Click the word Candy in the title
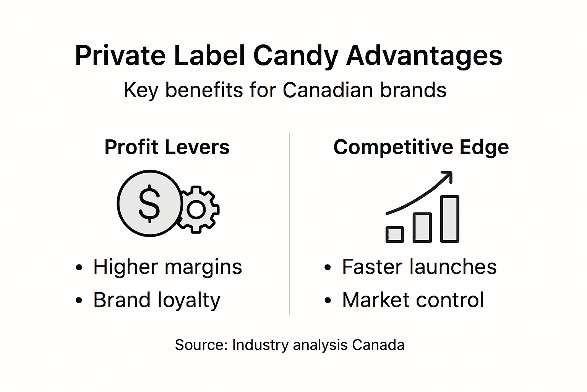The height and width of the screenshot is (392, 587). pos(295,56)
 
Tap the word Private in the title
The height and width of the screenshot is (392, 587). pos(120,56)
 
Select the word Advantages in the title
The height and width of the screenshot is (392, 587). pos(424,56)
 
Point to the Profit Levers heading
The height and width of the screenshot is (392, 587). pos(167,147)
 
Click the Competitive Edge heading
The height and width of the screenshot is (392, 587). pos(421,147)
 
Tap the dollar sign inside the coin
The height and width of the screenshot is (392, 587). pos(149,203)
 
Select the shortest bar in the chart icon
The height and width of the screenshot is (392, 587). pos(395,234)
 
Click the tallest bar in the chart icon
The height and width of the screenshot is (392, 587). pos(450,219)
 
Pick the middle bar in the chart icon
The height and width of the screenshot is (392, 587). pos(422,227)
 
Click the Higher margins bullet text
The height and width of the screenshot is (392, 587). pos(167,267)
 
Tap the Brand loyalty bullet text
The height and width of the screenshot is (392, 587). pos(157,300)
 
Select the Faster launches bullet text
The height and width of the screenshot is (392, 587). pos(419,267)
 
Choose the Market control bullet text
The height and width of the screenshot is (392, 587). pos(413,300)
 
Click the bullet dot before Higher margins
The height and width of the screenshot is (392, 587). pos(79,268)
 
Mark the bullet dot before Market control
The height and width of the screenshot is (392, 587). pos(328,301)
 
